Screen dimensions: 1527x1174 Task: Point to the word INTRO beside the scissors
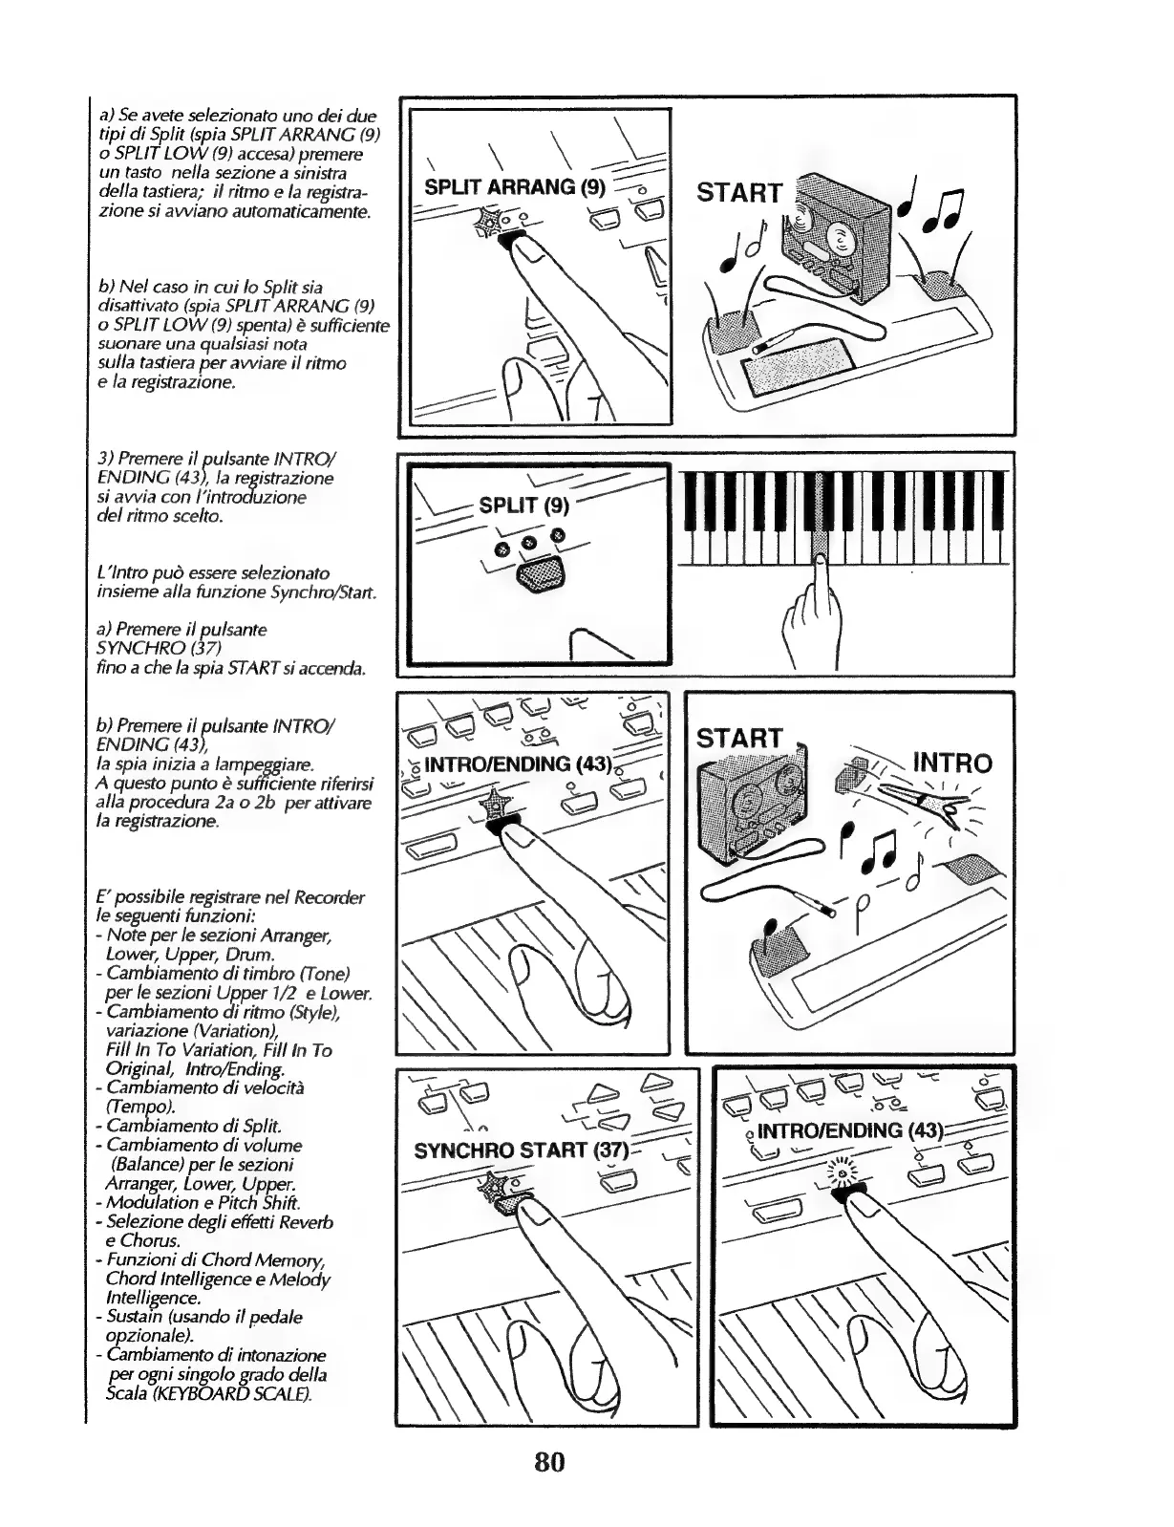pos(952,763)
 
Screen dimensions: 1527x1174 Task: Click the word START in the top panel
pos(739,193)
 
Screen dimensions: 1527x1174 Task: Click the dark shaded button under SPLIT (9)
pos(541,577)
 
